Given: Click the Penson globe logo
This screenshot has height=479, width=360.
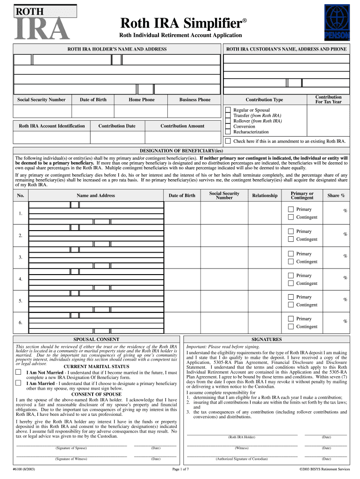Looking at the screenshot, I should coord(337,22).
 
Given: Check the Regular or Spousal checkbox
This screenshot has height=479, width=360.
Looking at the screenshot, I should coord(228,110).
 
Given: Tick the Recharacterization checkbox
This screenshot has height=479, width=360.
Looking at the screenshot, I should coord(228,132).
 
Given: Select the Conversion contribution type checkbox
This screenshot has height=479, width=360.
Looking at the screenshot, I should coord(228,126).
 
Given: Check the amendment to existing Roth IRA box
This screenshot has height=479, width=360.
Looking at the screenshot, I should coord(228,141).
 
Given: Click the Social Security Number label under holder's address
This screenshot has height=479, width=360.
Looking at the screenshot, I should coord(42,100).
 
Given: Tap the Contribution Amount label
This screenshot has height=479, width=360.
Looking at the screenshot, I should coord(182,126).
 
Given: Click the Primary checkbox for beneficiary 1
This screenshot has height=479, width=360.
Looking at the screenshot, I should coord(291,210).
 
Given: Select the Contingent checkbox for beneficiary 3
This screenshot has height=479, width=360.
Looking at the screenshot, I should coord(291,261).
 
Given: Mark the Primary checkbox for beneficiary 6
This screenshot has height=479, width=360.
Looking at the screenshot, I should coord(291,319).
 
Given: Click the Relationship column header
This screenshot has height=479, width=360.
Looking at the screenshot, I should coord(265,196).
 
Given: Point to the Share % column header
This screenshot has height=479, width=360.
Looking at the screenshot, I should coord(336,196).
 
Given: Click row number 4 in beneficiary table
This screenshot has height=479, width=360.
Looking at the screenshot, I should coord(21,279).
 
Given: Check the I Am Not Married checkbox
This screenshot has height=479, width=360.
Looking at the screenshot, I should coord(18,372).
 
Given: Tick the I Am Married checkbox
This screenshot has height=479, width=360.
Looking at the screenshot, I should coord(18,383).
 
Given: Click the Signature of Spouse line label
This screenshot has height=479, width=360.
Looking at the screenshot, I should coord(72,448).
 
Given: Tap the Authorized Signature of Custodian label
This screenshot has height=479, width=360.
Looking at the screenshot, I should coord(242,459).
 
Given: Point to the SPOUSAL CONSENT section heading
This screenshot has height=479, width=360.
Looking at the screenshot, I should coord(96,339).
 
